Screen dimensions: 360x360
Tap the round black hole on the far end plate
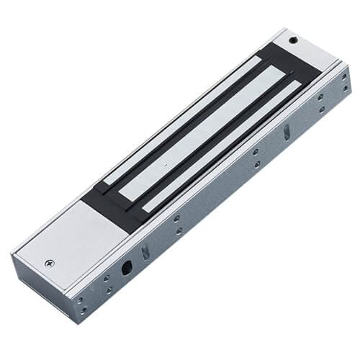pos(292,41)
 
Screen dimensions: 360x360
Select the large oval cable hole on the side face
pos(128,267)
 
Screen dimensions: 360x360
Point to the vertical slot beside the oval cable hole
pos(145,251)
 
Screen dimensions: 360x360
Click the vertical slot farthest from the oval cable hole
pos(286,131)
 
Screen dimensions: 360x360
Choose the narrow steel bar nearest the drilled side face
pos(227,148)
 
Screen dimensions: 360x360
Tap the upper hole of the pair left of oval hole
pos(106,277)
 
